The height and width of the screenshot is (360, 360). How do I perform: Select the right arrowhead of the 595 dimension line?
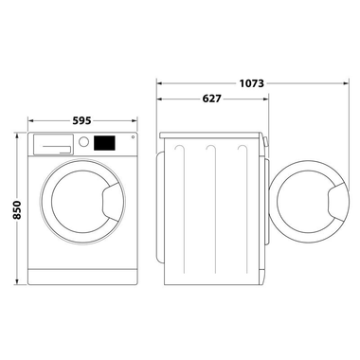(135, 121)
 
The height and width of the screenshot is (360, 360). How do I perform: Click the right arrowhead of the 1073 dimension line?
(344, 82)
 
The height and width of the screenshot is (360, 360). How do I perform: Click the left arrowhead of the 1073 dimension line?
(159, 82)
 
